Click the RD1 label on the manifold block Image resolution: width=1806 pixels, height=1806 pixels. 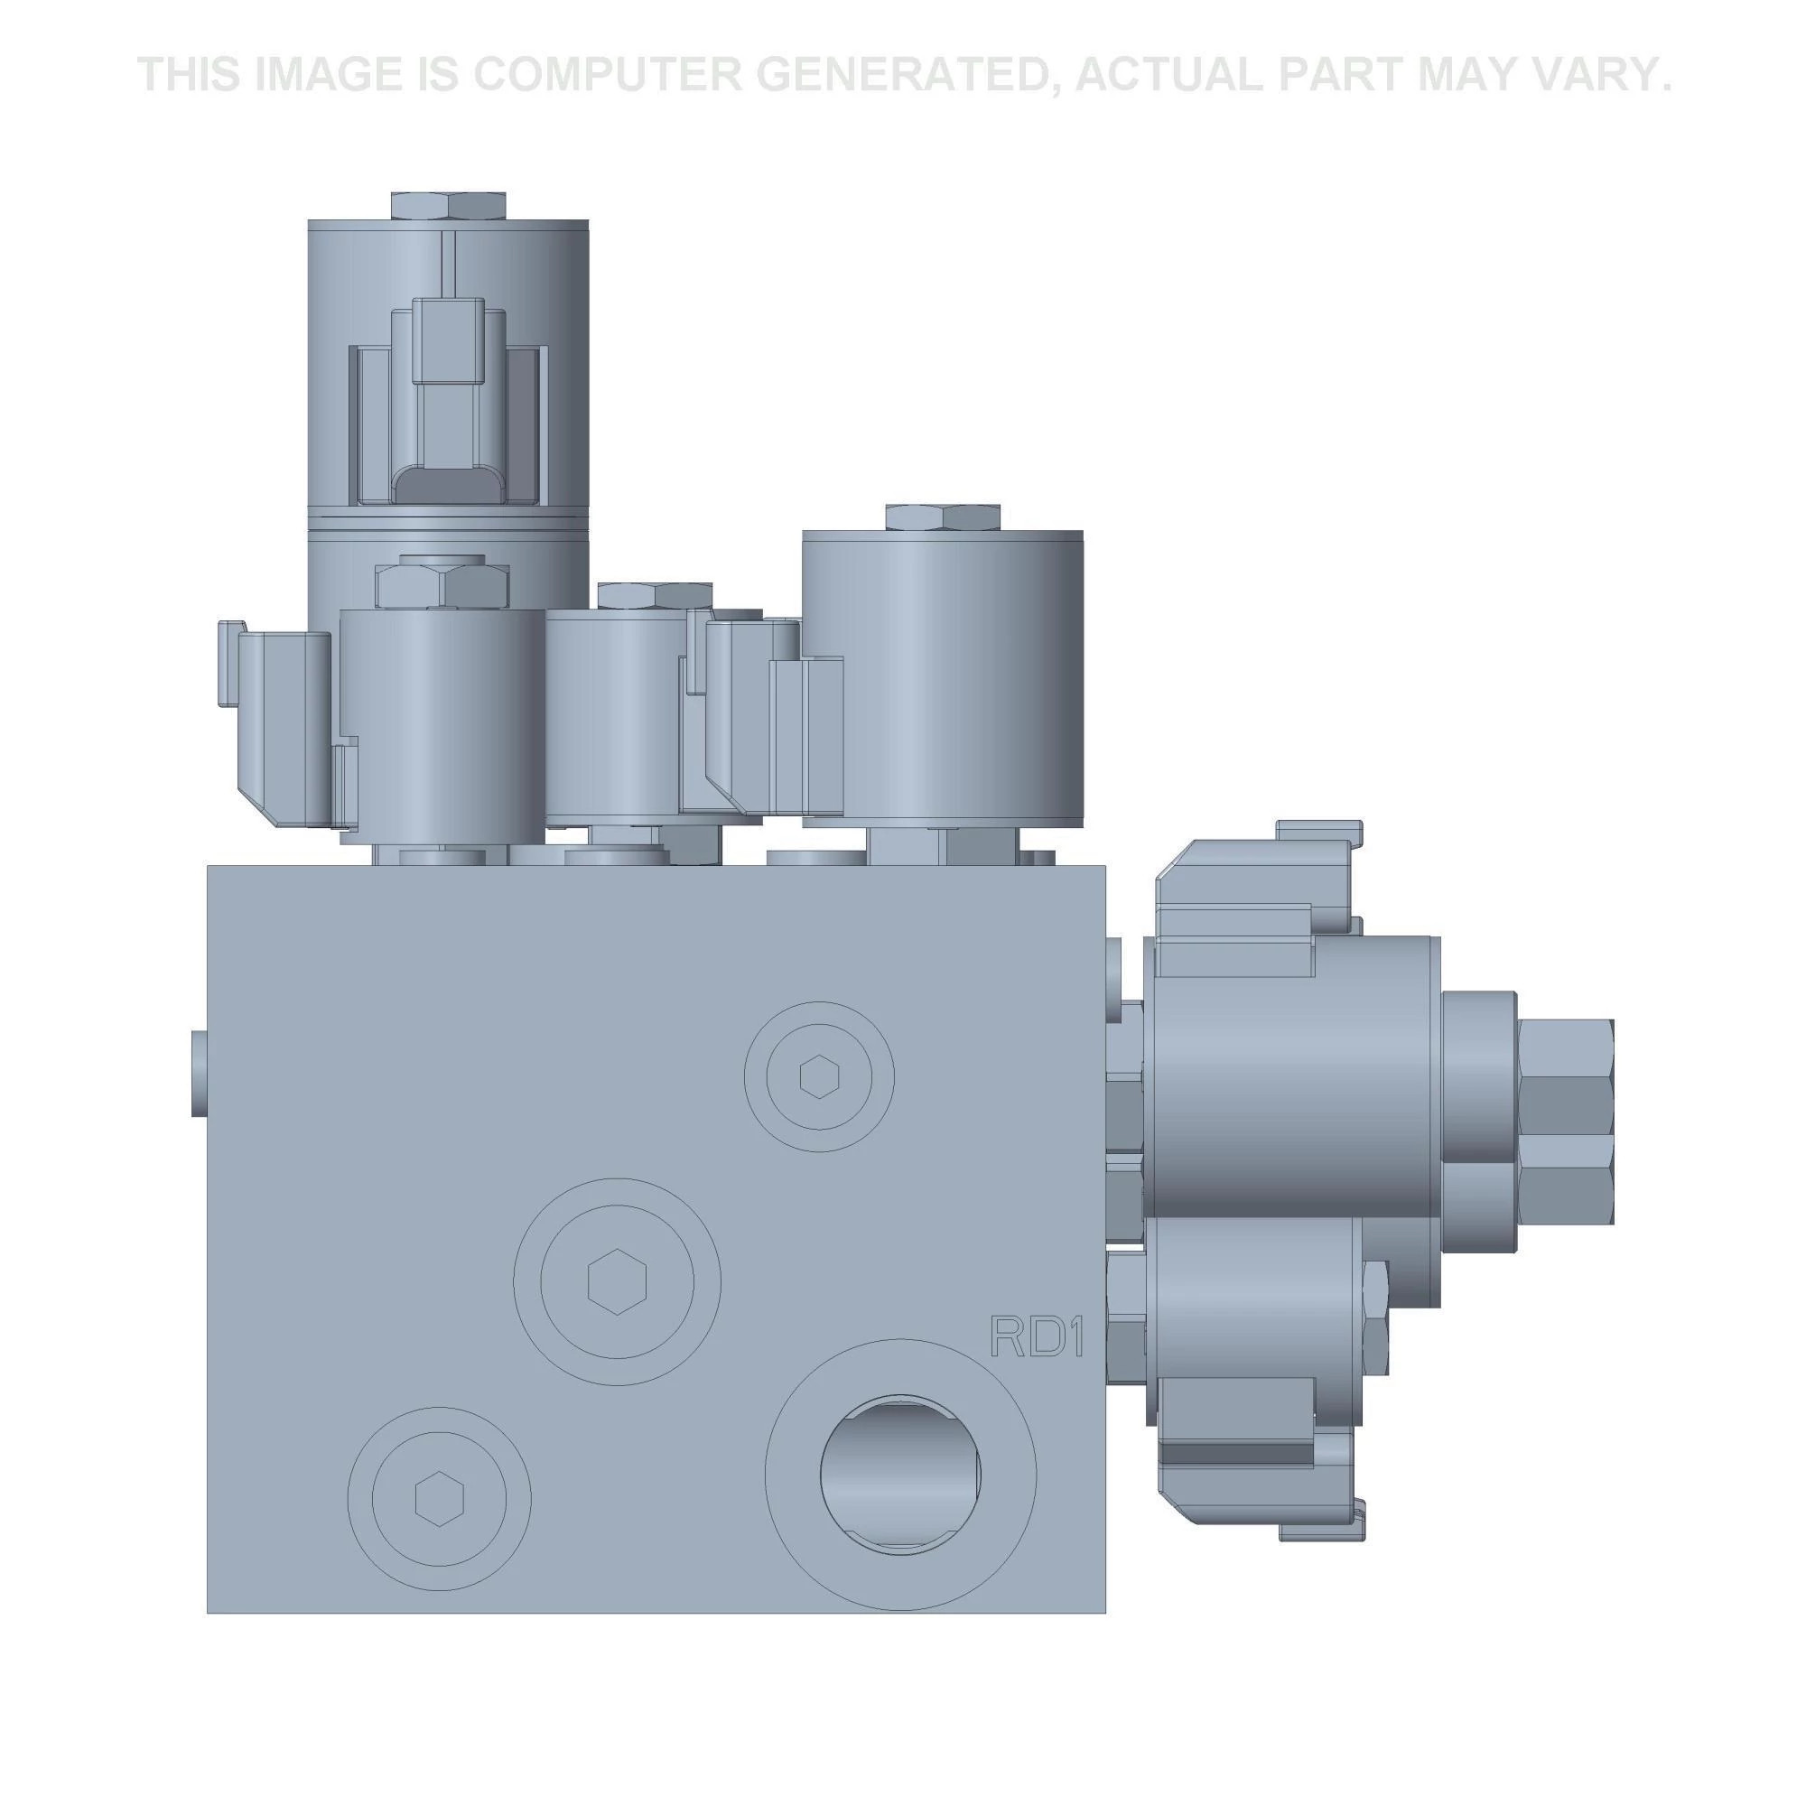pos(1037,1337)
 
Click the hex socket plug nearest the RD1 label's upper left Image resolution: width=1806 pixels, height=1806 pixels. pos(820,1077)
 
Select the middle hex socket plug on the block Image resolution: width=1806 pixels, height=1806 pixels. pos(617,1281)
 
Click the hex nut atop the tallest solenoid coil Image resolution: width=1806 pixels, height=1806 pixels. pos(449,206)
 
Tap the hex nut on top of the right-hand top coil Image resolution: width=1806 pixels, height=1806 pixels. pos(942,517)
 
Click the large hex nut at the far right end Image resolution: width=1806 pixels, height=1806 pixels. pos(1567,1122)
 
